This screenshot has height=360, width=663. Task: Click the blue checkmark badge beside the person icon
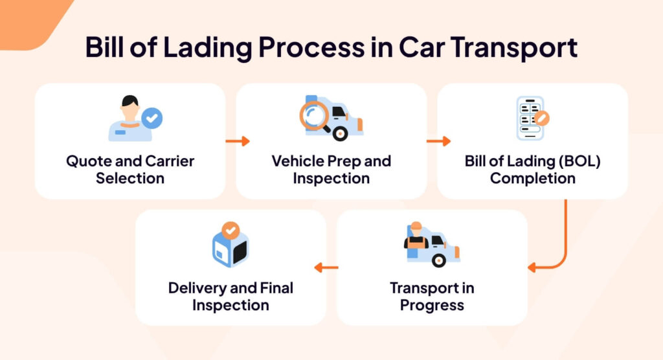[x=152, y=118]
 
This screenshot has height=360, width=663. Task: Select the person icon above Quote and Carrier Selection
[x=130, y=118]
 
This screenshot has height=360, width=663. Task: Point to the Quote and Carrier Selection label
[x=130, y=169]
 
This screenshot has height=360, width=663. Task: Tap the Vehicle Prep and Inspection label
[x=331, y=169]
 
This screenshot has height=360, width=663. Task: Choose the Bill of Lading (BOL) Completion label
[x=532, y=169]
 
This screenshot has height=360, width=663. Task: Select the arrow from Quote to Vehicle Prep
[x=237, y=140]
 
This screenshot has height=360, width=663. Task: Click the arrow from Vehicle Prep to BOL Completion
[x=438, y=140]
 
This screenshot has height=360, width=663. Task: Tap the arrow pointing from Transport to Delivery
[x=326, y=267]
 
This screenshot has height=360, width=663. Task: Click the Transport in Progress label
[x=432, y=296]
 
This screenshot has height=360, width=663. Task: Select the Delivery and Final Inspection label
[x=230, y=296]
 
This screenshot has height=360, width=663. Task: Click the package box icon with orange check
[x=230, y=246]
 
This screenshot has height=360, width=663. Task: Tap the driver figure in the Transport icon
[x=415, y=240]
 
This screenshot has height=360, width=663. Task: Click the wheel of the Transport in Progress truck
[x=439, y=260]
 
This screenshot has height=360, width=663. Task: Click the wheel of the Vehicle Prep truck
[x=339, y=133]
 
